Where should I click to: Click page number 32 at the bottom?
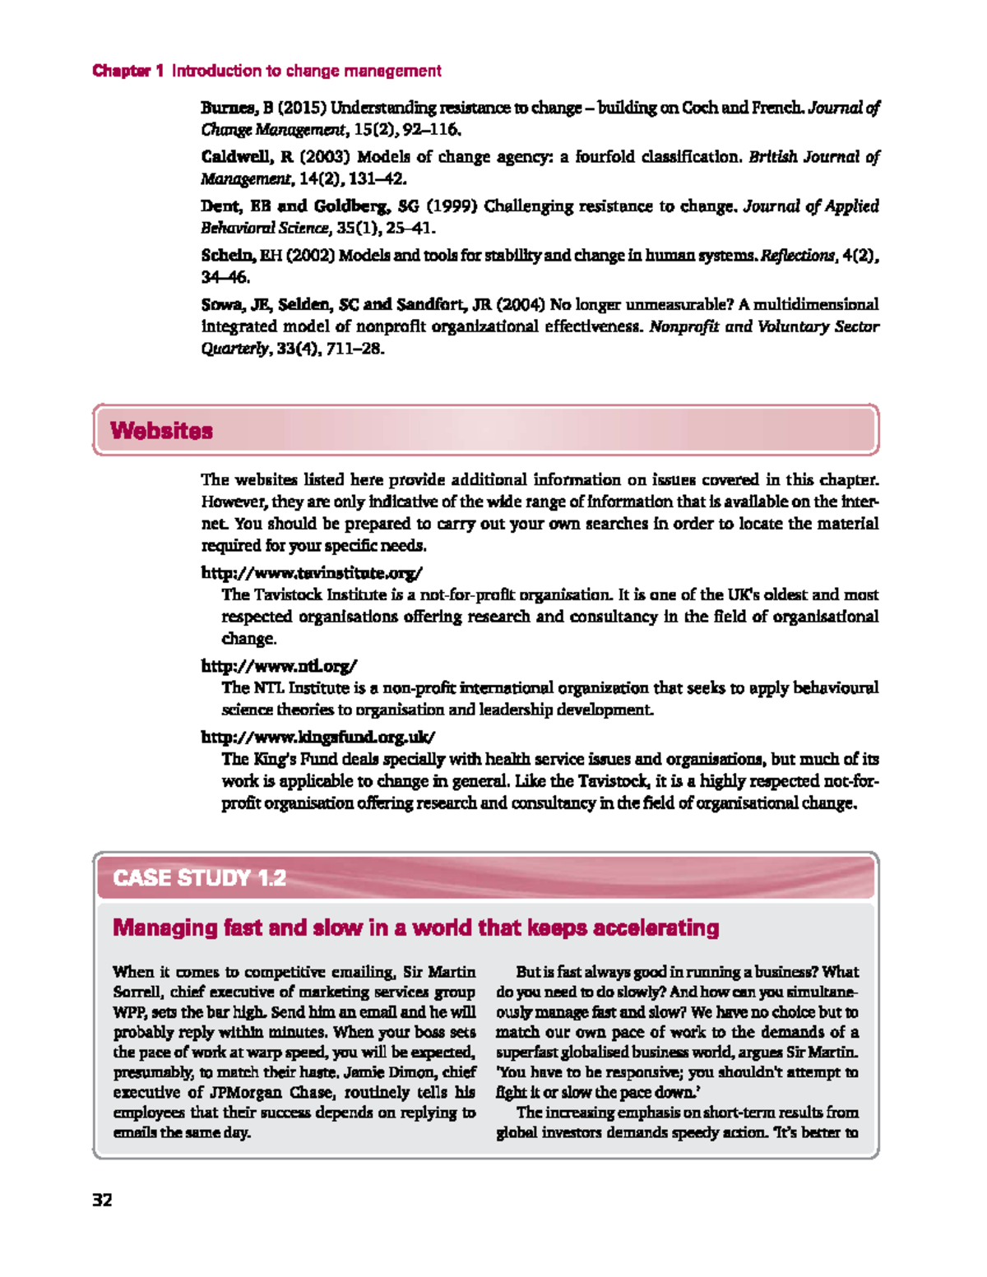(102, 1200)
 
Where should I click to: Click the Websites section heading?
(161, 431)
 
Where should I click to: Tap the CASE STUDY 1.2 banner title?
(199, 878)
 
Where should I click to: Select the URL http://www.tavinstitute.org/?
(312, 572)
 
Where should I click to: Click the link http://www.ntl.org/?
(279, 666)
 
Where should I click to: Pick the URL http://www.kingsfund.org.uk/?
(317, 737)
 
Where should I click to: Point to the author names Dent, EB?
(235, 206)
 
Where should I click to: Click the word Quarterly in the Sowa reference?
(234, 349)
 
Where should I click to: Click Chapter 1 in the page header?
(128, 72)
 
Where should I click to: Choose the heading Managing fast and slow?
(415, 928)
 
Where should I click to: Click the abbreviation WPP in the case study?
(131, 1012)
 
